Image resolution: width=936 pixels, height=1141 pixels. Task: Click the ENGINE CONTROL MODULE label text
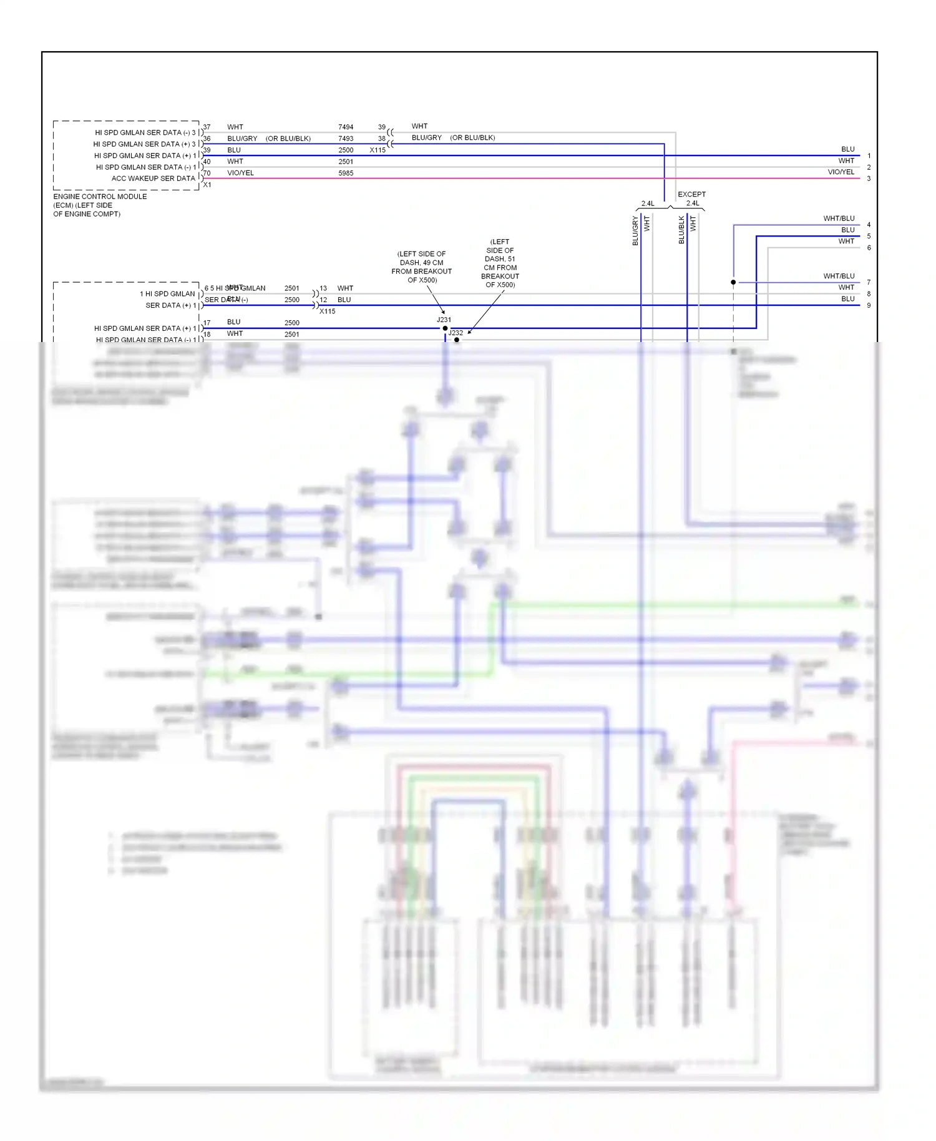pyautogui.click(x=100, y=197)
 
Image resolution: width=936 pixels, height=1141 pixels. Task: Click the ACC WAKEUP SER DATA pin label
pyautogui.click(x=153, y=179)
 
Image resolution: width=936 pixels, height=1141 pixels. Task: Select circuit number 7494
pyautogui.click(x=346, y=127)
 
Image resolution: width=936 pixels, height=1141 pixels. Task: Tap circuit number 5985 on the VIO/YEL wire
pyautogui.click(x=346, y=174)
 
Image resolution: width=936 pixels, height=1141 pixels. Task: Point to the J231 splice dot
pyautogui.click(x=445, y=328)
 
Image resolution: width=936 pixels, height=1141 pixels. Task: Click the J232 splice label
pyautogui.click(x=456, y=333)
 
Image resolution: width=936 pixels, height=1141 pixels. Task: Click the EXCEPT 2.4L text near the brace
pyautogui.click(x=691, y=198)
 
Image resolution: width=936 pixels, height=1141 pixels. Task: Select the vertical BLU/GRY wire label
pyautogui.click(x=635, y=230)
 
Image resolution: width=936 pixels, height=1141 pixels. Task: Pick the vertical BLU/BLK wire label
pyautogui.click(x=681, y=230)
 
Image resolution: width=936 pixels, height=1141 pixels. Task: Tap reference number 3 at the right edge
pyautogui.click(x=869, y=179)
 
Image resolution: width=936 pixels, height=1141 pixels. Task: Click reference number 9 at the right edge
pyautogui.click(x=869, y=305)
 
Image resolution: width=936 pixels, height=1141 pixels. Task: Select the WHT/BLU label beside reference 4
pyautogui.click(x=839, y=218)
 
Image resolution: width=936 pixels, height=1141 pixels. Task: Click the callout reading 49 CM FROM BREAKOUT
pyautogui.click(x=421, y=267)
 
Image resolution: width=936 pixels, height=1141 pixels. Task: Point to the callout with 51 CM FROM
pyautogui.click(x=500, y=263)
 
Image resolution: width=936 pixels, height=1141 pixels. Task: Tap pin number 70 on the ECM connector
pyautogui.click(x=207, y=173)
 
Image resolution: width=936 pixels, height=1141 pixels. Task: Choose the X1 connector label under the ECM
pyautogui.click(x=207, y=185)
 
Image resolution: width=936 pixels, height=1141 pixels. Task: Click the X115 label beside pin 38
pyautogui.click(x=378, y=150)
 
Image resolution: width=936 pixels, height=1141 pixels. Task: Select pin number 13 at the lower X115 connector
pyautogui.click(x=323, y=288)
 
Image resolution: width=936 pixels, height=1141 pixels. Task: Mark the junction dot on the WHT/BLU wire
pyautogui.click(x=733, y=282)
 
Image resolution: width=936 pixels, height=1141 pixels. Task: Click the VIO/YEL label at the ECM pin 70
pyautogui.click(x=240, y=173)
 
